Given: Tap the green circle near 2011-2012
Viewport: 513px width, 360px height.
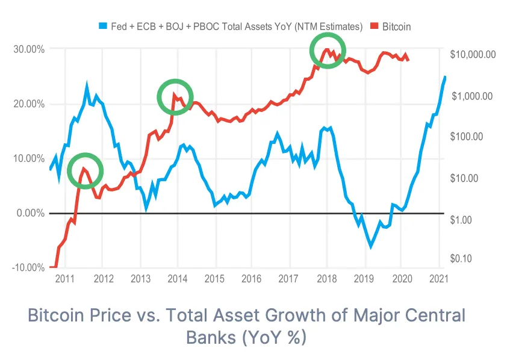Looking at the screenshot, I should (85, 170).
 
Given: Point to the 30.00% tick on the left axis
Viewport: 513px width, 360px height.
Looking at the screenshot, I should (28, 49).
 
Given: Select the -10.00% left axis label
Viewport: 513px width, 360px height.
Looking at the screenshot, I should (27, 267).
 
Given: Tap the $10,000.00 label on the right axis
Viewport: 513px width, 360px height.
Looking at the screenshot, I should (473, 54).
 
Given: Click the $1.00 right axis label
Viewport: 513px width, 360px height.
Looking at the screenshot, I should (462, 220).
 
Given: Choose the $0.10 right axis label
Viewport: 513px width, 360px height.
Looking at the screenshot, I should (462, 259).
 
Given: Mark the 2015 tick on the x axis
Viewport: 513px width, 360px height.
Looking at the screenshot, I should (214, 279).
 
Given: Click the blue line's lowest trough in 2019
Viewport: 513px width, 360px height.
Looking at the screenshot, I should (371, 246).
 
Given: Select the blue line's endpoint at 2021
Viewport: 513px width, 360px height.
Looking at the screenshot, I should (445, 77).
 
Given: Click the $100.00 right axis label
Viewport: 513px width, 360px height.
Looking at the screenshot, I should (466, 137).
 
